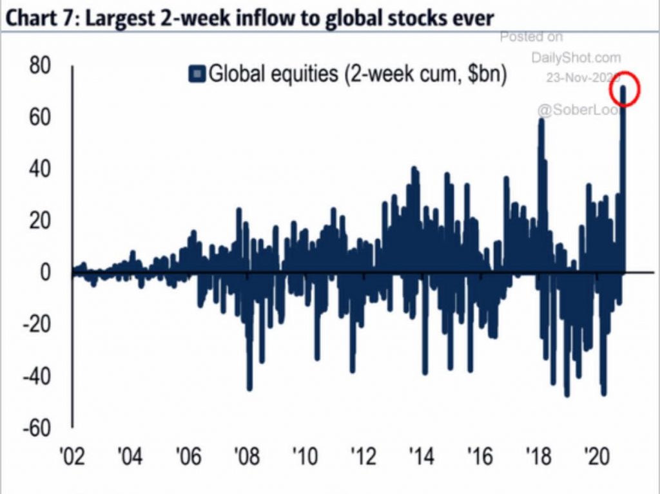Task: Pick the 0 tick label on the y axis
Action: click(x=44, y=272)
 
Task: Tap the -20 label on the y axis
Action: click(x=34, y=324)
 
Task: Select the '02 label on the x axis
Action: click(x=72, y=458)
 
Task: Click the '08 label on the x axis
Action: click(x=247, y=458)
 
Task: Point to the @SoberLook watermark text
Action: click(x=567, y=110)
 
